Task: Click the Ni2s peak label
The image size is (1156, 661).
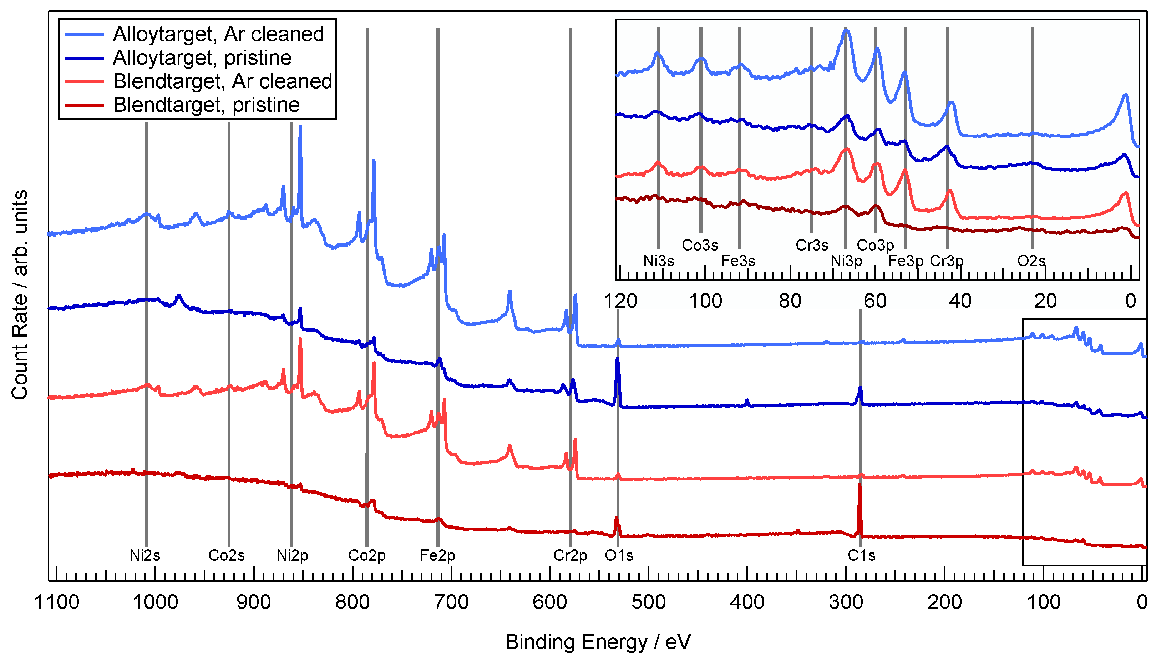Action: [x=145, y=555]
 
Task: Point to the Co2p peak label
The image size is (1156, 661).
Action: [x=366, y=555]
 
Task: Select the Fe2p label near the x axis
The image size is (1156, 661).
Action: [x=437, y=555]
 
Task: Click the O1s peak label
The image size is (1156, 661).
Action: [x=619, y=555]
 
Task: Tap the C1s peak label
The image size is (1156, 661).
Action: [x=861, y=555]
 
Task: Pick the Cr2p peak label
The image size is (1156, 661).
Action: [x=570, y=555]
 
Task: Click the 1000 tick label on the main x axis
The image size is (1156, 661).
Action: [x=155, y=602]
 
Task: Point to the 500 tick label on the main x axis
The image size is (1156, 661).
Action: [x=648, y=602]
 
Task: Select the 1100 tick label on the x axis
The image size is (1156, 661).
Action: [x=57, y=602]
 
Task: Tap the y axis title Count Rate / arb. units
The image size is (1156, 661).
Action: [x=20, y=295]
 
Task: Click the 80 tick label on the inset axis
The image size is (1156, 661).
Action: [x=790, y=301]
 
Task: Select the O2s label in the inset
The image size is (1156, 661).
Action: [x=1031, y=261]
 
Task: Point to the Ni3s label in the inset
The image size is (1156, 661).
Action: [x=659, y=261]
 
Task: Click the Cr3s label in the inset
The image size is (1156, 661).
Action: [x=812, y=245]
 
